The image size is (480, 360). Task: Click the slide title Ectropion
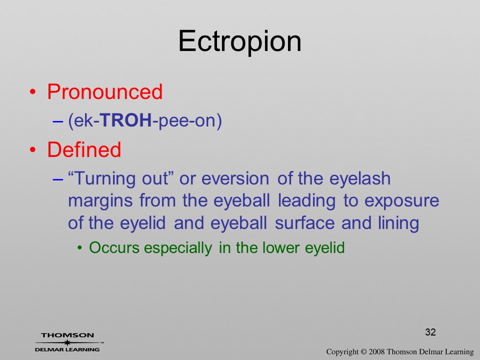239,41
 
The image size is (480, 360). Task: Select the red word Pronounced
104,91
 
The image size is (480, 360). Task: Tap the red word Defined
84,149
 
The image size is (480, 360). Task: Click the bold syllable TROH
126,120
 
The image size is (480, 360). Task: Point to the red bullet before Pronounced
33,92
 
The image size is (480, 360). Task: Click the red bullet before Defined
33,149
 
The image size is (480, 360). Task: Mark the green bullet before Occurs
80,247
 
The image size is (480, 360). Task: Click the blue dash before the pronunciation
58,121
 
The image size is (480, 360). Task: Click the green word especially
178,248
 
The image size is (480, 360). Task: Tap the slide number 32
430,332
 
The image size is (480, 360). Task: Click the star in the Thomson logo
67,342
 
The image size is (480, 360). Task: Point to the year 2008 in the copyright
376,351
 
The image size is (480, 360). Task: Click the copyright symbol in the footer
363,351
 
